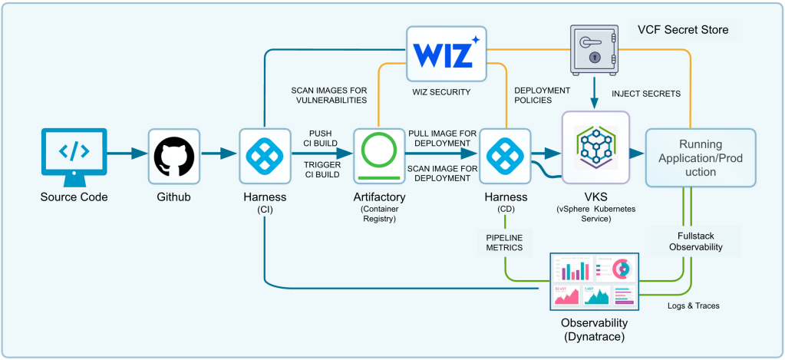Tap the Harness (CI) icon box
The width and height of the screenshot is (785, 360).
pyautogui.click(x=265, y=157)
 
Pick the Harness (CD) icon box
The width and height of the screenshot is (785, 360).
pyautogui.click(x=505, y=157)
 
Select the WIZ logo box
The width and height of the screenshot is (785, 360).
pyautogui.click(x=447, y=53)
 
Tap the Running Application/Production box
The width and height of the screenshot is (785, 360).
pyautogui.click(x=701, y=157)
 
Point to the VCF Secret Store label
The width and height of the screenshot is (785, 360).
pyautogui.click(x=682, y=30)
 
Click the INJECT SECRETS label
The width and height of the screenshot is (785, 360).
pyautogui.click(x=646, y=93)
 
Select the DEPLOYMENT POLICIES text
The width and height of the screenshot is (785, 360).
pyautogui.click(x=543, y=95)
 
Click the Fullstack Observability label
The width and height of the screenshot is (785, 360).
pyautogui.click(x=697, y=242)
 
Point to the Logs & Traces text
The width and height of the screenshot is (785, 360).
pyautogui.click(x=694, y=306)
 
